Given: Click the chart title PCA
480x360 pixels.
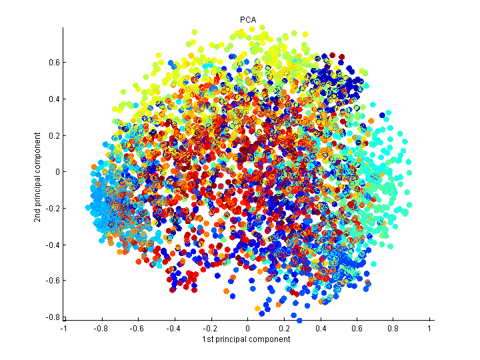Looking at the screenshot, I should [247, 20].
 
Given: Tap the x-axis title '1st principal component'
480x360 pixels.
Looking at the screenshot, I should [247, 339].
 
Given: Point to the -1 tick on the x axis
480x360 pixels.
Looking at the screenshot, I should [64, 329].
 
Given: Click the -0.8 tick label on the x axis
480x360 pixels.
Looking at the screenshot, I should [101, 329].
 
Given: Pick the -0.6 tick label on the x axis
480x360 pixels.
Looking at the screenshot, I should [137, 329].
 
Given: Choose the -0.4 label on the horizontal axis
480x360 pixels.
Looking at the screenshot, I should [174, 329].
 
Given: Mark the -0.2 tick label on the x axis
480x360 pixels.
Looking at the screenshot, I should [211, 329].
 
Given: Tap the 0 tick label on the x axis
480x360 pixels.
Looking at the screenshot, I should [247, 329].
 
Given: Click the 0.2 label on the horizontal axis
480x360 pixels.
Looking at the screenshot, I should [284, 329].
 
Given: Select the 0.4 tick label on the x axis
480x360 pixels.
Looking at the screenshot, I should [321, 329].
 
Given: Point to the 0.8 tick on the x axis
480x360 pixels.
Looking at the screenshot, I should [394, 329].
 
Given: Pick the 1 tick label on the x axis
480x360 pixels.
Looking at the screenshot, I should [430, 329].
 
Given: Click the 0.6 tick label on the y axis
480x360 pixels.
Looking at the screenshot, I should [52, 63].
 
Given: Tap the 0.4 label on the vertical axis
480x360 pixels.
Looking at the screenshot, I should [52, 99].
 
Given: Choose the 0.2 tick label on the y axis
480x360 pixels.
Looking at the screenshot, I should [52, 135].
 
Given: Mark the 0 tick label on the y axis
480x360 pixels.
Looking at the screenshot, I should [56, 171].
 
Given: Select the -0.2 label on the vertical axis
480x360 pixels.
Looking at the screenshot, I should [51, 208].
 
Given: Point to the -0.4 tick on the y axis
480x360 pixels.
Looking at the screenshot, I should [51, 244].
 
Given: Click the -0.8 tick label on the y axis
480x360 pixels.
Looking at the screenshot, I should [51, 317].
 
